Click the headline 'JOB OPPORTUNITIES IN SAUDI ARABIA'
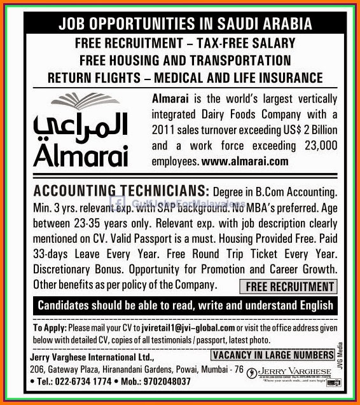185,25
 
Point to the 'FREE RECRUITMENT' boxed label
289,287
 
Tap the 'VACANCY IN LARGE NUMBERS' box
273,354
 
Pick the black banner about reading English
185,305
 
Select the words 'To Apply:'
46,327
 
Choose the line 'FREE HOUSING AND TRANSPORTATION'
185,60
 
